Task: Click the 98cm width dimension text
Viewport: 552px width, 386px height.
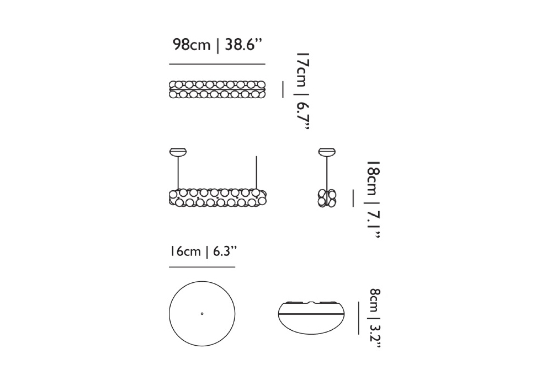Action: point(192,45)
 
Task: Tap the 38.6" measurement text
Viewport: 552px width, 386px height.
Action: point(243,45)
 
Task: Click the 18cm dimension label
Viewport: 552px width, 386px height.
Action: point(373,179)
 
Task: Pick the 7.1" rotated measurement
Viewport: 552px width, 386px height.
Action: point(373,225)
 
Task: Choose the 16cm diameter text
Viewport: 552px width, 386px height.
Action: point(185,251)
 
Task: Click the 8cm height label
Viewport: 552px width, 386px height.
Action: point(375,301)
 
